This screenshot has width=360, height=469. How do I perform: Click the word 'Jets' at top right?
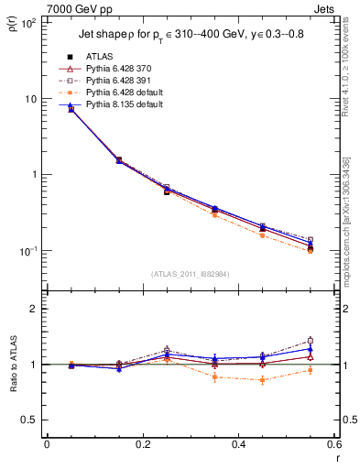point(325,7)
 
